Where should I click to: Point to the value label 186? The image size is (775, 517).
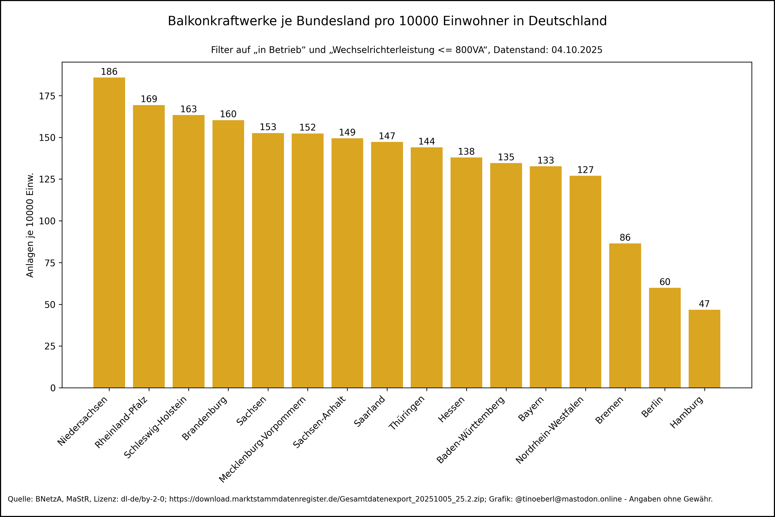coord(109,71)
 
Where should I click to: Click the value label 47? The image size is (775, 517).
coord(704,304)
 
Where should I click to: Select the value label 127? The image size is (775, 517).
coord(585,170)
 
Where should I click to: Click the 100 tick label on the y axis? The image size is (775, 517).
coord(47,221)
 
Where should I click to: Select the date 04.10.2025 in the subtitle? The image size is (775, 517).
coord(577,50)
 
